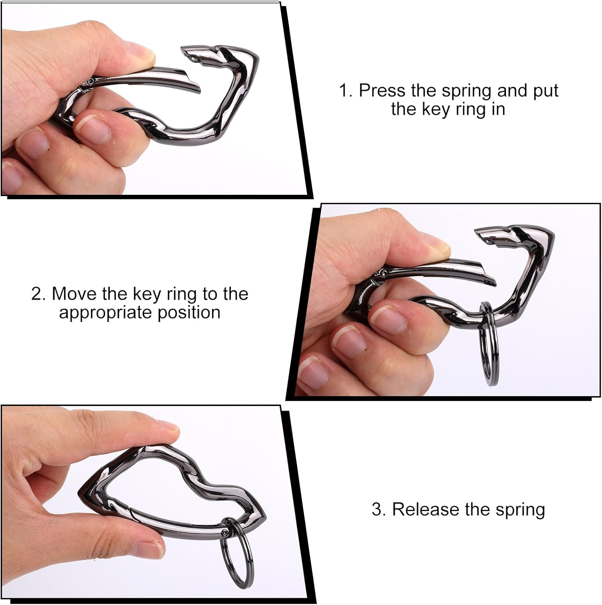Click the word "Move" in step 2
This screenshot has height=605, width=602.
click(x=74, y=294)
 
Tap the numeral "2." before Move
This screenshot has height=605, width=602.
click(x=38, y=294)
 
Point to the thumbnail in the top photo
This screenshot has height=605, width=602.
click(x=141, y=52)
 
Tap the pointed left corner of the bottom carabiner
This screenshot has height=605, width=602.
click(x=81, y=490)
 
